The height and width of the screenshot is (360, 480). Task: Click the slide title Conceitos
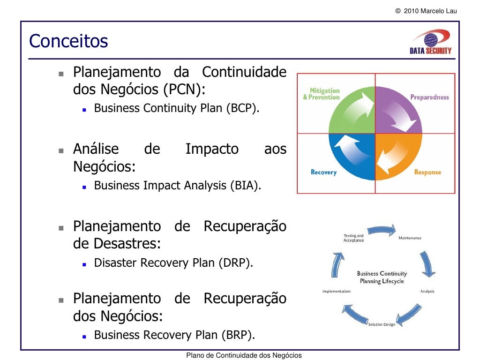click(x=68, y=42)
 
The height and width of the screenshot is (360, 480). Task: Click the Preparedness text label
click(x=429, y=97)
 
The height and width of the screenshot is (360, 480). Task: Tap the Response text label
click(x=427, y=172)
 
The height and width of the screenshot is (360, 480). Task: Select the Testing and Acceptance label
click(x=353, y=238)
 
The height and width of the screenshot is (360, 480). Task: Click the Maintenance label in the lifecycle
click(x=410, y=238)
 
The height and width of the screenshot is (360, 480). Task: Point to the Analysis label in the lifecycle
click(x=427, y=292)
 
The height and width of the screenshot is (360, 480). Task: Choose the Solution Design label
click(x=381, y=324)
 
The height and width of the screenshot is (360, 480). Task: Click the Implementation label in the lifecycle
click(x=336, y=292)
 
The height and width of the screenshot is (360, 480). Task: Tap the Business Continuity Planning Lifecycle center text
click(x=382, y=277)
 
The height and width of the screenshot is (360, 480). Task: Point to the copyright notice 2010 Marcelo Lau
click(x=426, y=11)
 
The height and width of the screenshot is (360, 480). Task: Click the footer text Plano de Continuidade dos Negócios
click(x=244, y=356)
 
